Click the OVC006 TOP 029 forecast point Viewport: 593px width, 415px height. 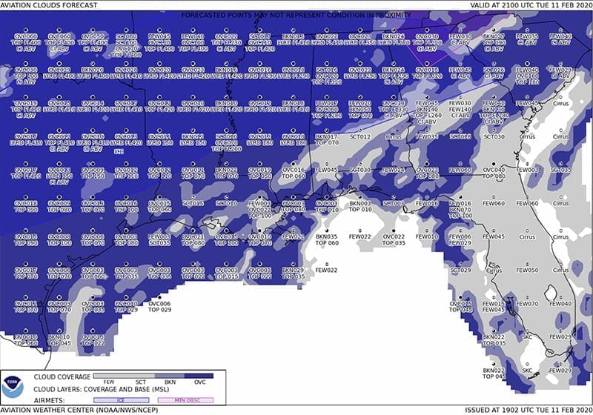[x=159, y=306]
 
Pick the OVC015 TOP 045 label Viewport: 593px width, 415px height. [x=461, y=307]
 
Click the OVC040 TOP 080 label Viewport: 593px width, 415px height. [x=494, y=173]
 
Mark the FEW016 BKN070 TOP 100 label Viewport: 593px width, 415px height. [x=460, y=210]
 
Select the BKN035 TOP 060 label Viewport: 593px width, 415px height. [x=327, y=240]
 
